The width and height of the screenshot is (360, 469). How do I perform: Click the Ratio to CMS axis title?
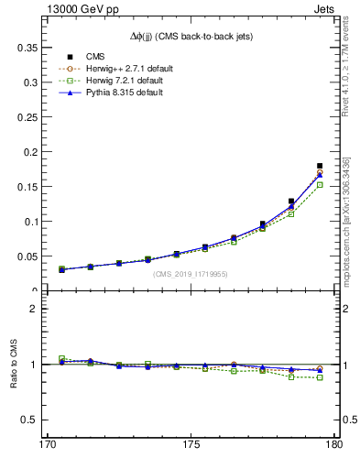(x=13, y=365)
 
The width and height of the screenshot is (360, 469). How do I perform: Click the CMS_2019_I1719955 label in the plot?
(x=189, y=274)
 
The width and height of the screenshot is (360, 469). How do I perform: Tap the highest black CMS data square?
(x=320, y=166)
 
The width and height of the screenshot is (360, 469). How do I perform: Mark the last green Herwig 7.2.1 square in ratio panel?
(x=320, y=377)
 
